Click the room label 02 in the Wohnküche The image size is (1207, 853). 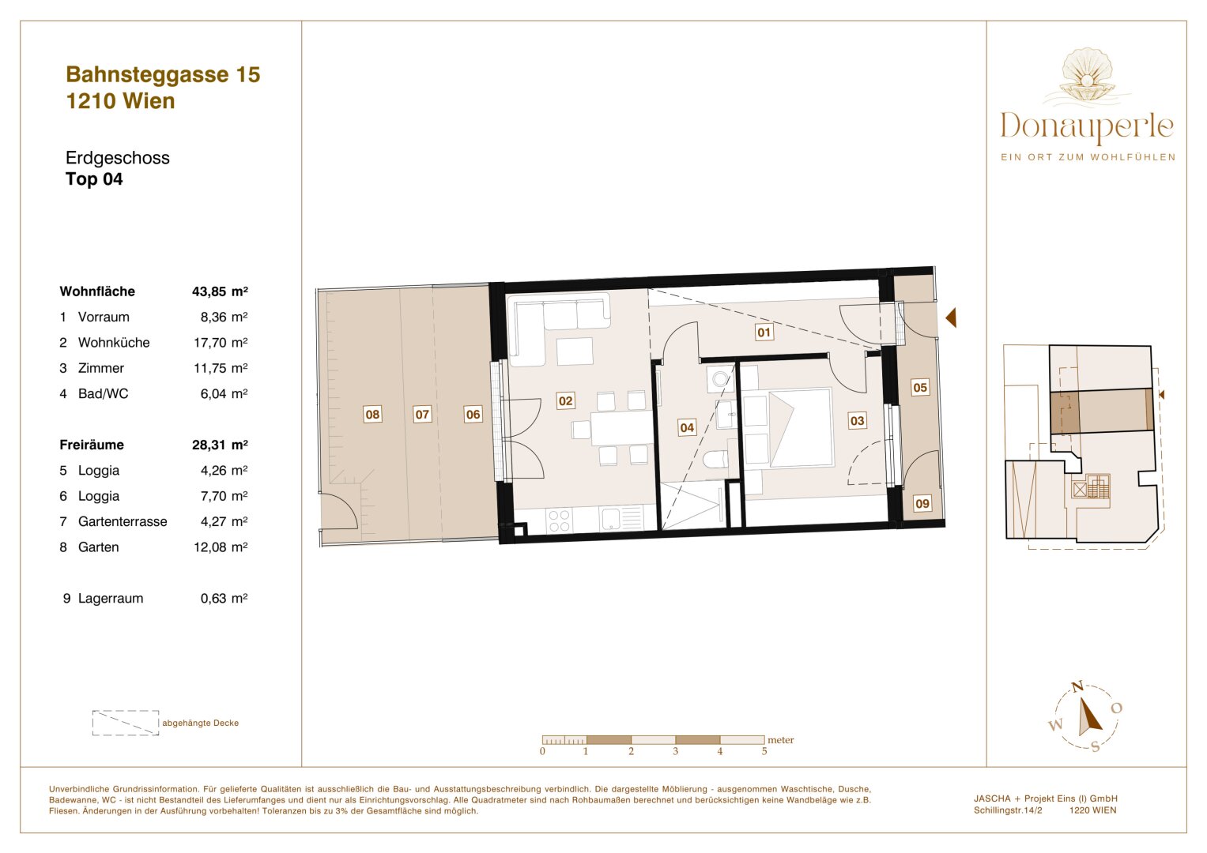(565, 401)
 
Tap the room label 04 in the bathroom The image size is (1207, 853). (687, 427)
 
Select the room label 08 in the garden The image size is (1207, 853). (372, 414)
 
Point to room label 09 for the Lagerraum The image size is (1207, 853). (922, 503)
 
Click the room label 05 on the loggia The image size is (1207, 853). (920, 387)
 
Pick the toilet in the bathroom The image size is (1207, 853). (716, 460)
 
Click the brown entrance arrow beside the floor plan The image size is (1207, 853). (951, 318)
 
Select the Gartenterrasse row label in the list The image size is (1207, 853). (123, 521)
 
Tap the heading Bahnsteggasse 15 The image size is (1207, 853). (163, 74)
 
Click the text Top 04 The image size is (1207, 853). (94, 179)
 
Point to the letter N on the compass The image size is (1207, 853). (1077, 687)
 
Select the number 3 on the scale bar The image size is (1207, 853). (675, 751)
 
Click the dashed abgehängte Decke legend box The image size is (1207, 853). (126, 723)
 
